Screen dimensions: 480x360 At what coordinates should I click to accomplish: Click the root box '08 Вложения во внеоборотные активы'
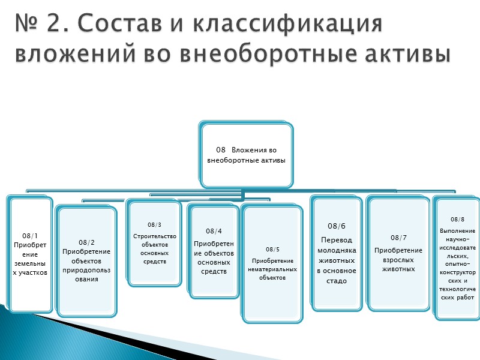pos(246,154)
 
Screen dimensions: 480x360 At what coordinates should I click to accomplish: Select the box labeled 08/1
pos(30,254)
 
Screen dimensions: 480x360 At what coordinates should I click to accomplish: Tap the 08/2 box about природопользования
pos(87,259)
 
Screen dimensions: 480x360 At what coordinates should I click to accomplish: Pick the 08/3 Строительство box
pos(154,242)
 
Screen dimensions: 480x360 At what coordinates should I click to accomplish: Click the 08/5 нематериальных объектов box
pos(272,264)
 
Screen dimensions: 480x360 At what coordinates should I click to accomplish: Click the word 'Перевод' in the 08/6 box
pos(336,238)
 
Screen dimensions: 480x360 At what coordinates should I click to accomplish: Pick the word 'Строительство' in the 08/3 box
pos(154,236)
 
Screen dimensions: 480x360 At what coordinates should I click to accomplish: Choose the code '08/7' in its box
pos(398,238)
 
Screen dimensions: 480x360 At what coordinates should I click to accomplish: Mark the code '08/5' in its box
pos(272,248)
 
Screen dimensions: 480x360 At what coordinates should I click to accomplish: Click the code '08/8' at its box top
pos(457,219)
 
